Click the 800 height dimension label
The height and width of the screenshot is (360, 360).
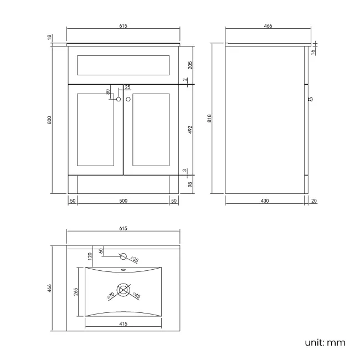pos(49,120)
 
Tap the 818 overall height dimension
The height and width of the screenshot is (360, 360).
pos(209,118)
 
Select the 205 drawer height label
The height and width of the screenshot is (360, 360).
pos(190,65)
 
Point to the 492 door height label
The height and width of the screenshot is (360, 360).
pos(190,130)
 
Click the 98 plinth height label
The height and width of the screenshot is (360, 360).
pos(190,184)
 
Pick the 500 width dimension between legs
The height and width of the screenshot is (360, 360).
pos(124,201)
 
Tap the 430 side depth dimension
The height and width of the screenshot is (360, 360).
pos(265,201)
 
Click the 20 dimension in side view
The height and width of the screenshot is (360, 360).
pos(314,201)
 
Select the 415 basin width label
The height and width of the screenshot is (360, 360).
pos(124,324)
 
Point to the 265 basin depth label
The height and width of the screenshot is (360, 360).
pos(76,291)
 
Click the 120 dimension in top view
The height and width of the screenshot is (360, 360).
pos(90,256)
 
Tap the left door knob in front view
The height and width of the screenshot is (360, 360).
pos(119,99)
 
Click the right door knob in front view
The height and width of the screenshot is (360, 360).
pos(128,99)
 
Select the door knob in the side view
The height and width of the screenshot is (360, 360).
pos(310,99)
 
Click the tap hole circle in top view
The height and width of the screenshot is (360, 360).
pos(124,256)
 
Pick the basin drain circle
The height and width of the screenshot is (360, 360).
pos(124,290)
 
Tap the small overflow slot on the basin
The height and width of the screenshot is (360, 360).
pos(124,270)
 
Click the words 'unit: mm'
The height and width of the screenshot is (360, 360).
pos(325,342)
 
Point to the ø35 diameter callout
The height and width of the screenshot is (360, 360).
pos(135,259)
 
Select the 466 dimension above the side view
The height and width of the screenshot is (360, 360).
pos(268,26)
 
